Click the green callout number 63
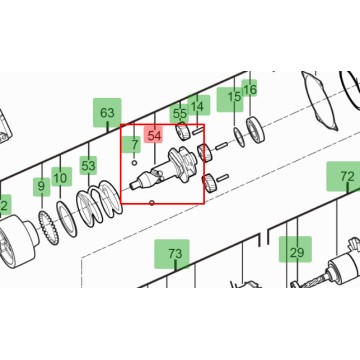click(107, 113)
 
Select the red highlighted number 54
click(154, 136)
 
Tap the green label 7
click(134, 145)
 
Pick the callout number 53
click(88, 166)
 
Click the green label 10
click(60, 178)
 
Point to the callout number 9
click(41, 186)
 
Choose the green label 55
click(180, 114)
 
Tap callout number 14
click(198, 106)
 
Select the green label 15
click(234, 97)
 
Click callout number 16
click(249, 89)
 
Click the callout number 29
click(296, 252)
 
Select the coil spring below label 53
click(99, 204)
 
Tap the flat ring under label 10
click(68, 221)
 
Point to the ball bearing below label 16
click(256, 129)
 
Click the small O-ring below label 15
click(239, 137)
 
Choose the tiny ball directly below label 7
click(134, 163)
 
